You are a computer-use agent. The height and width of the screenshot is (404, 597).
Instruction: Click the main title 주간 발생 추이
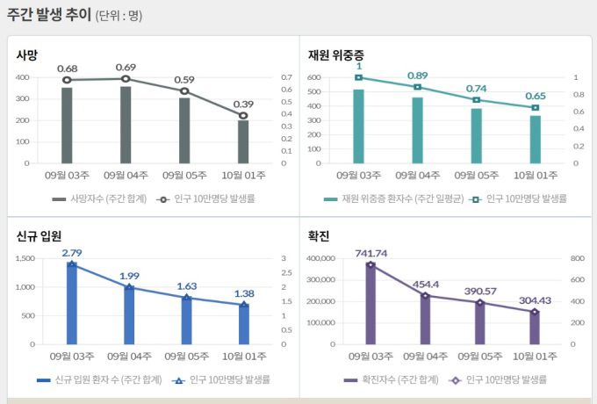tap(48, 15)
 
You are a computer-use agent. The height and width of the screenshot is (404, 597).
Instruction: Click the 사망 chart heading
tap(27, 55)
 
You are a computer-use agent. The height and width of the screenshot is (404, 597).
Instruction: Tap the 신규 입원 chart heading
tap(39, 236)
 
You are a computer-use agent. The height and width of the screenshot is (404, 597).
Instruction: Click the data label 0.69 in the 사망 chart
tap(126, 68)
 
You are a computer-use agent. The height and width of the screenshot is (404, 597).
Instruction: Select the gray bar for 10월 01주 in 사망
tap(243, 141)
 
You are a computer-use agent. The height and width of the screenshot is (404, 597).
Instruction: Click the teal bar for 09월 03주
tap(358, 126)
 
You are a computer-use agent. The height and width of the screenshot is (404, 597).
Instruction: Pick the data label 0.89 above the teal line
tap(418, 76)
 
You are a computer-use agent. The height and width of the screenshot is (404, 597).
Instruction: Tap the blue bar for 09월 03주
tap(71, 303)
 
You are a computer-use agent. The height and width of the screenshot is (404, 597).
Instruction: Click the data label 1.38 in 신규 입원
tap(245, 293)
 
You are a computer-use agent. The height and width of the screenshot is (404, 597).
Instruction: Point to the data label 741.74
tap(370, 254)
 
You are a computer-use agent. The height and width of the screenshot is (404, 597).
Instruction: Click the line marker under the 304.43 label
tap(534, 312)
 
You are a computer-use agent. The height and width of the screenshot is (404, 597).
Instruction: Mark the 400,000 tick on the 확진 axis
tap(319, 258)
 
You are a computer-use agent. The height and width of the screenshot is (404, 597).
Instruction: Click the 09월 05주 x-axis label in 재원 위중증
tap(476, 176)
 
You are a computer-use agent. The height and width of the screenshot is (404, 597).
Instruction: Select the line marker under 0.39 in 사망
tap(243, 115)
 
